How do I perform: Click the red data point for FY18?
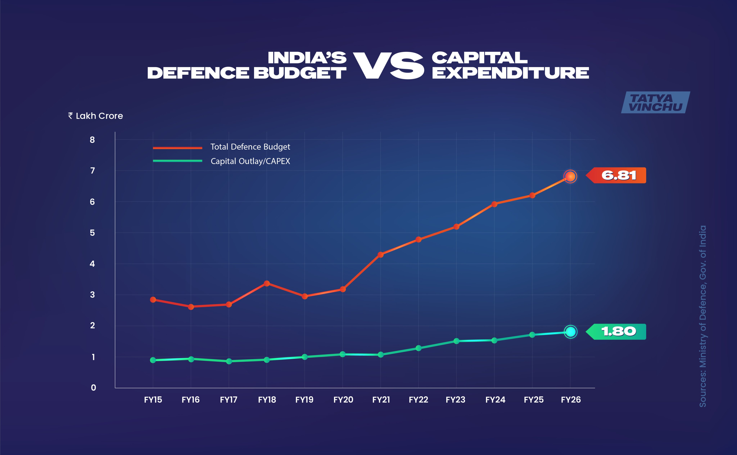coord(267,283)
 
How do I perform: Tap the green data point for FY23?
coord(456,341)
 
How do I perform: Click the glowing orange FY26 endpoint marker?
coord(570,176)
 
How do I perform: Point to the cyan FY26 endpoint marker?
coord(570,332)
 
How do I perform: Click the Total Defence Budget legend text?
coord(250,147)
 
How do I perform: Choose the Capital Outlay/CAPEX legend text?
coord(250,161)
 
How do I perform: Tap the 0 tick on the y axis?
coord(93,388)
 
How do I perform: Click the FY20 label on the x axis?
coord(343,400)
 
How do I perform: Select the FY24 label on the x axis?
coord(495,400)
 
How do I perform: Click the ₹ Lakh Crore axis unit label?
coord(96,116)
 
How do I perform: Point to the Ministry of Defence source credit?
coord(703,316)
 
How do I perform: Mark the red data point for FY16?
coord(191,307)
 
